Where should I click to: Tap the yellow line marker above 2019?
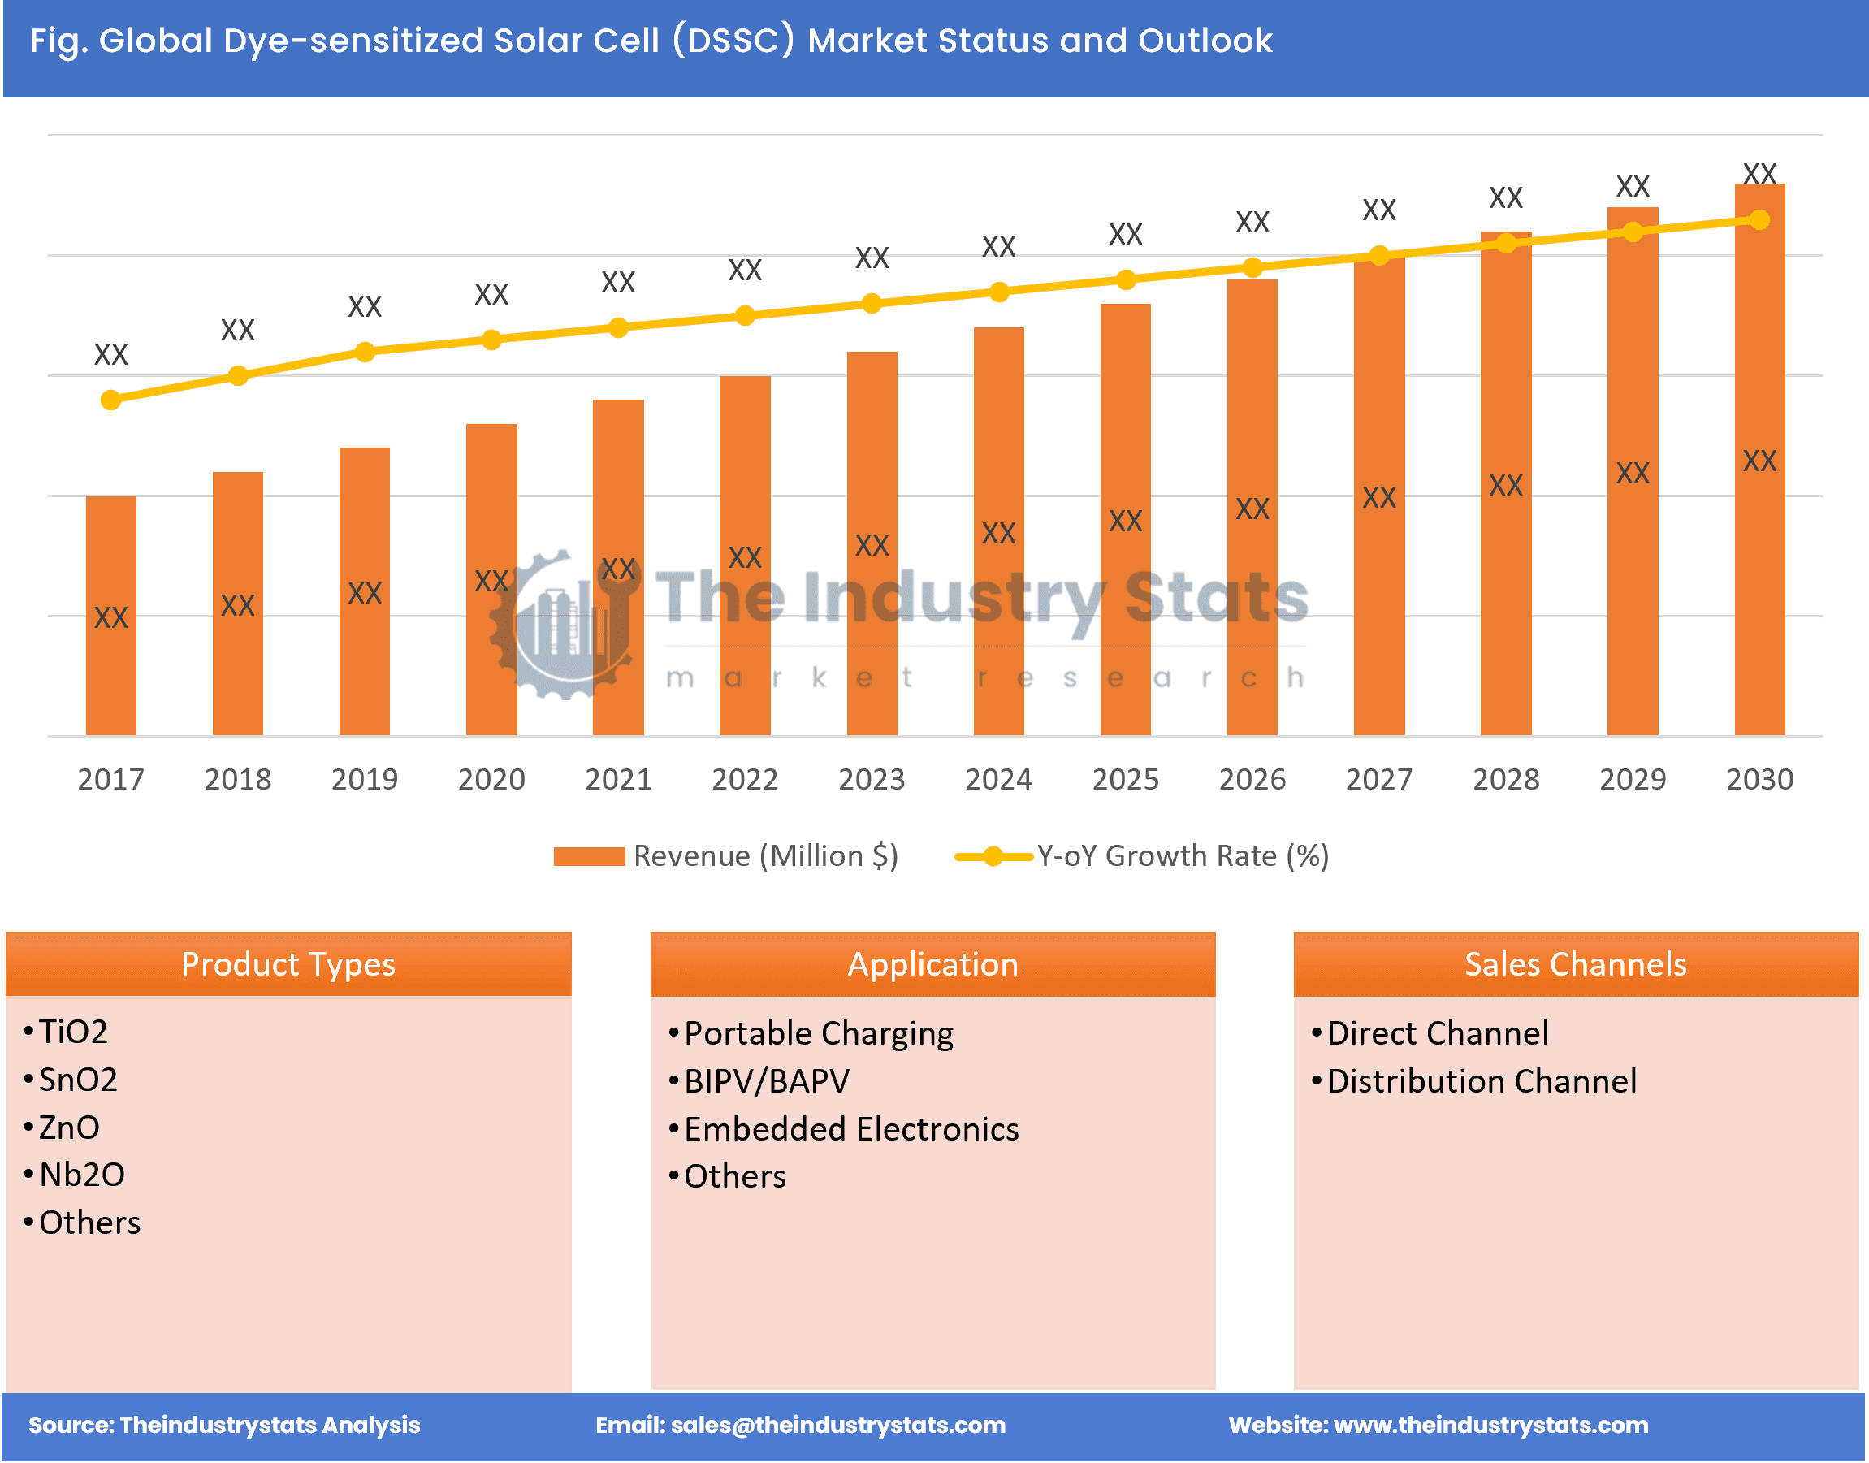pos(364,352)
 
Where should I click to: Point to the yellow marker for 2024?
pos(998,292)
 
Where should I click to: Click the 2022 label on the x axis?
pos(744,778)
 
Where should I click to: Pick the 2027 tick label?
pos(1378,778)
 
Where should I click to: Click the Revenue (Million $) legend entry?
pos(725,855)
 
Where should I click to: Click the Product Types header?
pos(288,963)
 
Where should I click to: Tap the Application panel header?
pos(932,963)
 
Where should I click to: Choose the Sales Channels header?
pos(1574,963)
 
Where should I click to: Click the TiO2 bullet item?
pos(73,1032)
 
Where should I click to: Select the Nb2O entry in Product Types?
pos(81,1175)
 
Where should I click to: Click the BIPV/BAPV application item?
pos(766,1081)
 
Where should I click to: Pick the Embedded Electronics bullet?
pos(850,1129)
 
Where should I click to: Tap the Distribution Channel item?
pos(1480,1081)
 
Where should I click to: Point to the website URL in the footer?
pos(1490,1425)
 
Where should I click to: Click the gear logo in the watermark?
pos(561,625)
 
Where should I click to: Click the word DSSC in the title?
pos(734,41)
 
